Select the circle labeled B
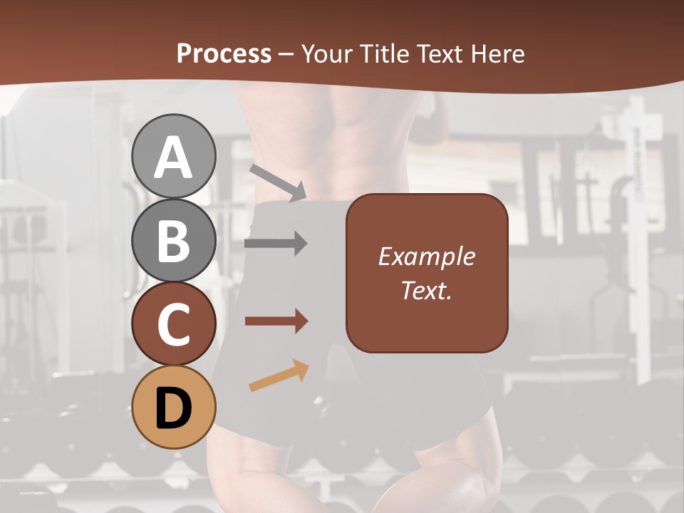click(x=174, y=240)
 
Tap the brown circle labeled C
click(x=174, y=324)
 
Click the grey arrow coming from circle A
click(x=278, y=182)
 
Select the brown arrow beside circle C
click(x=276, y=321)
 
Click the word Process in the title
click(x=224, y=54)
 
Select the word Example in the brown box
click(x=426, y=256)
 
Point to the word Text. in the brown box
click(x=426, y=291)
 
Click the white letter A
click(x=174, y=157)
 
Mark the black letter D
click(x=174, y=409)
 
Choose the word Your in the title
click(x=326, y=54)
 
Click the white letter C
click(x=174, y=325)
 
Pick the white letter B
click(x=174, y=241)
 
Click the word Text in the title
click(x=440, y=54)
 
